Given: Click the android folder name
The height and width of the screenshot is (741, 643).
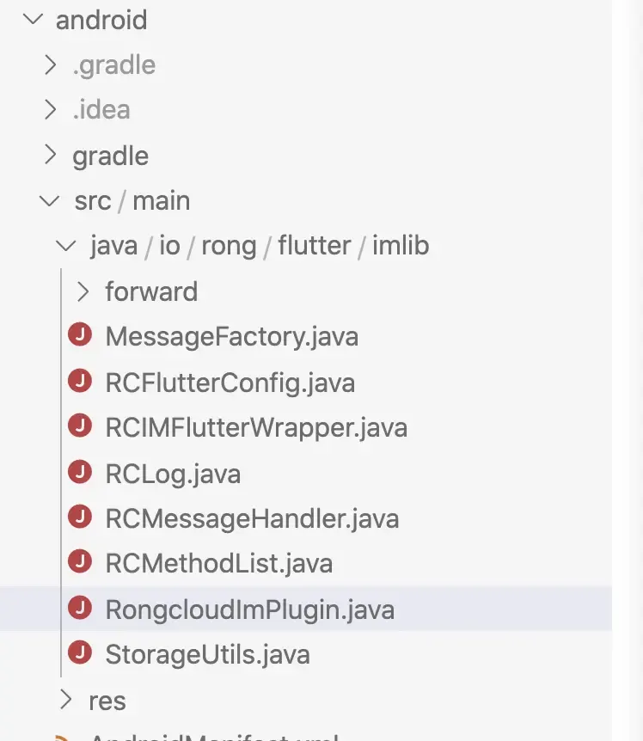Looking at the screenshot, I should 101,20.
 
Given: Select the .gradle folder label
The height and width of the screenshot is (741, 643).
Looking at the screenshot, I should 114,65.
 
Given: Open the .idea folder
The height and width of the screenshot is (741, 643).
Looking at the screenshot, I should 101,110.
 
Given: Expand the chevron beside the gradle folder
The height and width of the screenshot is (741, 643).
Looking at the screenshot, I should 50,156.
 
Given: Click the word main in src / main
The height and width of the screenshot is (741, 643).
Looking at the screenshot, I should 162,201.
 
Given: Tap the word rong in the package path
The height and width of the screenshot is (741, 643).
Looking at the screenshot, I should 229,247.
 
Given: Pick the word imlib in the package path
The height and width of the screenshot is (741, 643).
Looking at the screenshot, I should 401,247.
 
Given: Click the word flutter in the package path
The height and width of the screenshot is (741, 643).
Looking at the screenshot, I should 315,247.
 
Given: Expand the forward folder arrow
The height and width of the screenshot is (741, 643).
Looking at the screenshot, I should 83,291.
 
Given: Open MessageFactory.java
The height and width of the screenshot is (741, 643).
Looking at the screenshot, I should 231,337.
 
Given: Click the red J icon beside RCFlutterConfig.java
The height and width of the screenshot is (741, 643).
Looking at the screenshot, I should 80,381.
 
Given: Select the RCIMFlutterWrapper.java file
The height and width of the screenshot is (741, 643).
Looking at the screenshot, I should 256,427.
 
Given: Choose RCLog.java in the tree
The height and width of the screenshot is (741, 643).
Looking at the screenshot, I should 173,474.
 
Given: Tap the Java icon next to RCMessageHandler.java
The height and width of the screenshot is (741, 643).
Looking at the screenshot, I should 80,517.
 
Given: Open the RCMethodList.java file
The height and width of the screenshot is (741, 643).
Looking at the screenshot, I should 218,563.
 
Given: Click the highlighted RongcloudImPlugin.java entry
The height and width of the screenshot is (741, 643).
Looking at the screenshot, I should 249,609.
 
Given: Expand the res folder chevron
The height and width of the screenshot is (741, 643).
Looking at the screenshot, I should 66,700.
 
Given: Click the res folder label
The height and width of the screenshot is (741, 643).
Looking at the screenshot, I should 107,701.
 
